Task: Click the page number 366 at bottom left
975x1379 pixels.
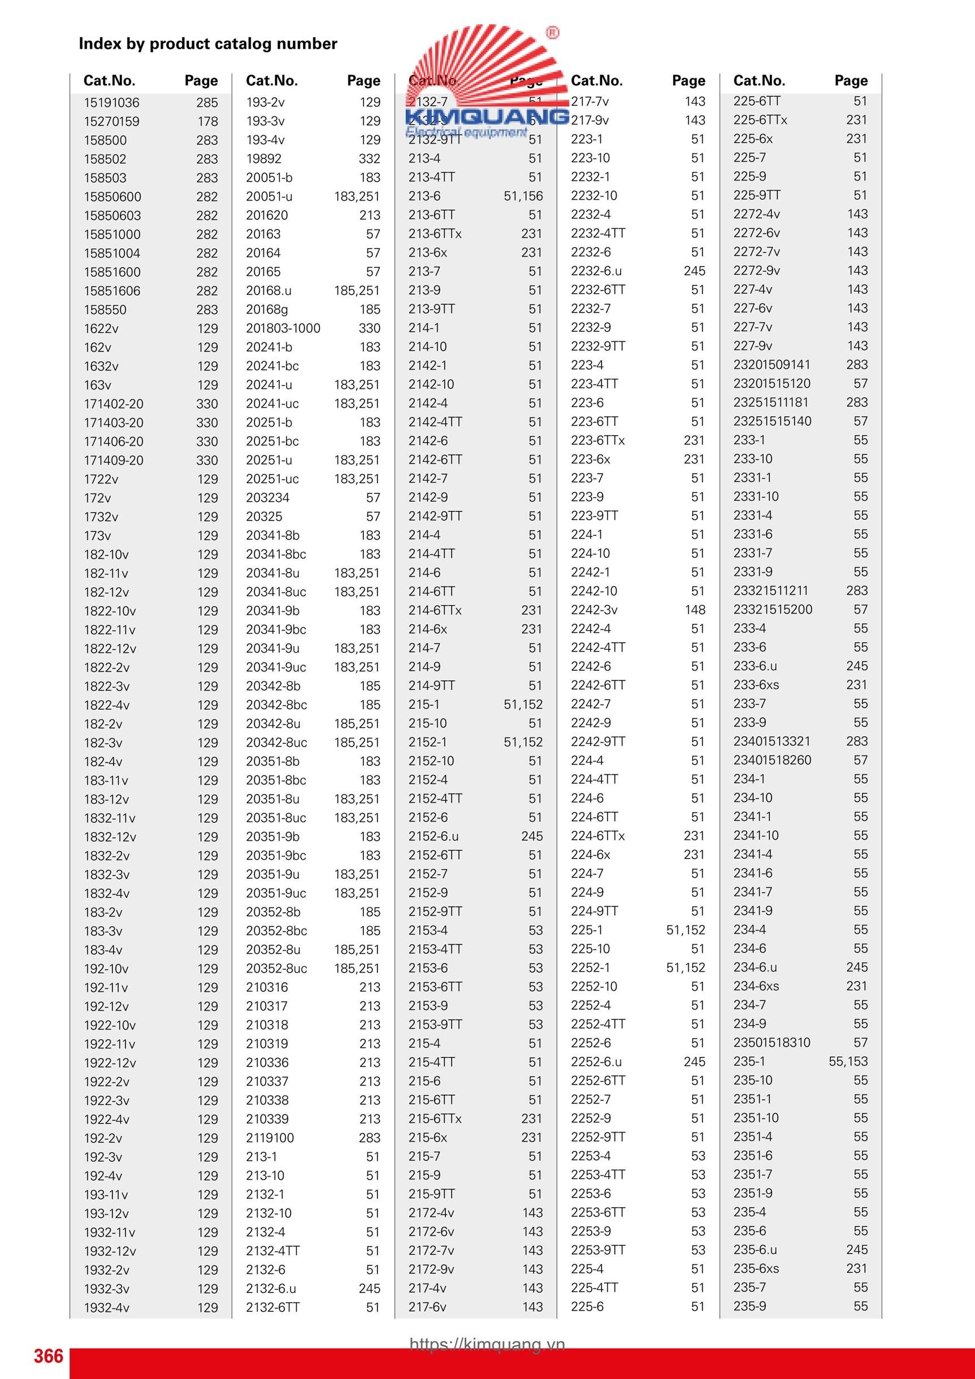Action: pyautogui.click(x=49, y=1356)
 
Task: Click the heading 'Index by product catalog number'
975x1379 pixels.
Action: pyautogui.click(x=208, y=44)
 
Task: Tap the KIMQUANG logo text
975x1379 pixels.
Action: pyautogui.click(x=487, y=116)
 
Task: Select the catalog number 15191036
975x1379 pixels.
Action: pyautogui.click(x=112, y=103)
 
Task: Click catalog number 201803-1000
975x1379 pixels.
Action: pyautogui.click(x=283, y=328)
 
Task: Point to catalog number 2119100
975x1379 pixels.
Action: pyautogui.click(x=270, y=1138)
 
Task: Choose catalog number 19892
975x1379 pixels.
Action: pyautogui.click(x=264, y=159)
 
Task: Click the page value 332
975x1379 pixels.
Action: pyautogui.click(x=370, y=159)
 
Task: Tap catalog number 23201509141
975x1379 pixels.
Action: pyautogui.click(x=772, y=365)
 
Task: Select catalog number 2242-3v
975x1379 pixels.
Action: pyautogui.click(x=594, y=610)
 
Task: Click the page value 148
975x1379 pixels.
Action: pyautogui.click(x=695, y=610)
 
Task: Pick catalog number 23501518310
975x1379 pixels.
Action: pyautogui.click(x=772, y=1042)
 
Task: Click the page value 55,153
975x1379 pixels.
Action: pyautogui.click(x=848, y=1061)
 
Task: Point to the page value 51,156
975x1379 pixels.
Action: pyautogui.click(x=523, y=197)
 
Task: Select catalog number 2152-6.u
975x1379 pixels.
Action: pyautogui.click(x=433, y=836)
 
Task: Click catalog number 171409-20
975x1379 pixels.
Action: pyautogui.click(x=114, y=460)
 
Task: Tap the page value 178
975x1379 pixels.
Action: pyautogui.click(x=208, y=122)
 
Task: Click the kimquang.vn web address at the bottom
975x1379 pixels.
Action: pyautogui.click(x=487, y=1343)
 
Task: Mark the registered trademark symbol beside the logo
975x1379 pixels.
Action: pyautogui.click(x=552, y=33)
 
